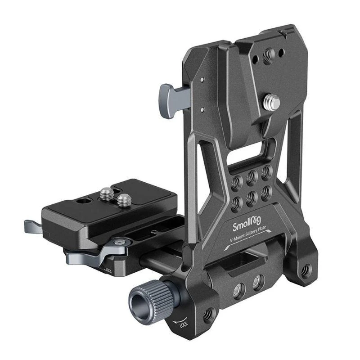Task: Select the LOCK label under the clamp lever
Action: (x=108, y=270)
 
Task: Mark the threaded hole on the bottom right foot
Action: (x=306, y=270)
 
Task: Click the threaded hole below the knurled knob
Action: (x=208, y=315)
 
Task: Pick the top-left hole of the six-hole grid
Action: (x=235, y=176)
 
